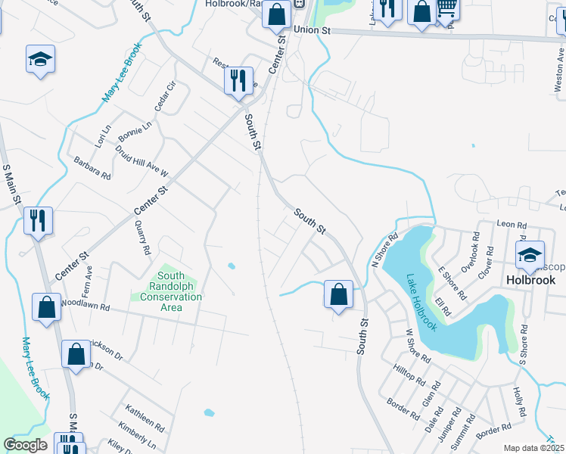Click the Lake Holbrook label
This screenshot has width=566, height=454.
click(x=421, y=302)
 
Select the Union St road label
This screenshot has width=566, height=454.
click(x=313, y=30)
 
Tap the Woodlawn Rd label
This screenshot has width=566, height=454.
click(x=87, y=308)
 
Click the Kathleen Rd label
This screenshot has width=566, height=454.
click(x=145, y=415)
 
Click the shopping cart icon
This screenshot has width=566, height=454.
click(x=447, y=8)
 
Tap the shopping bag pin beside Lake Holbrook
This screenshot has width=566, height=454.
click(x=338, y=293)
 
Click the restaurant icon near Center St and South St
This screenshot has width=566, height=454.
click(x=238, y=79)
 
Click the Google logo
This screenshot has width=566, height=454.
click(x=26, y=445)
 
